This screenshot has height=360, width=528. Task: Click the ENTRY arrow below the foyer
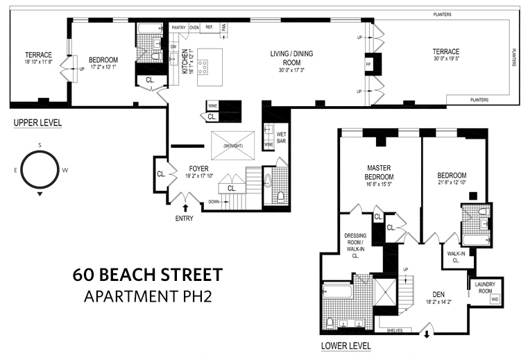[x=185, y=208]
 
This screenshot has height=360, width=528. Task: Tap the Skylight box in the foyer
[x=233, y=146]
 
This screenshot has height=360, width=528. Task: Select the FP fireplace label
[x=368, y=64]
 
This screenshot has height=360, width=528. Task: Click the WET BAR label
[x=281, y=137]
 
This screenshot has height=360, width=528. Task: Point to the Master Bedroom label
[x=379, y=172]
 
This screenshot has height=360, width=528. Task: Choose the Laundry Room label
[x=485, y=287]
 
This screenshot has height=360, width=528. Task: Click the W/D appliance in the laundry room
[x=494, y=299]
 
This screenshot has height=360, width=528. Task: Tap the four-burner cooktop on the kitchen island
[x=203, y=67]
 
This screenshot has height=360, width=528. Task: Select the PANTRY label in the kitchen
[x=178, y=28]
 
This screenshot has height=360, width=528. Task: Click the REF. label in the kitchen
[x=210, y=27]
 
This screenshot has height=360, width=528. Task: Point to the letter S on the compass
[x=40, y=145]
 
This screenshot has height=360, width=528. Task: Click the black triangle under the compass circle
[x=40, y=194]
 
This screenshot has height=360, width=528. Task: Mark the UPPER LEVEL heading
[x=37, y=123]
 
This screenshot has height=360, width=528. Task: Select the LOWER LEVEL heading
[x=346, y=345]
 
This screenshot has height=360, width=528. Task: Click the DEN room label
[x=438, y=294]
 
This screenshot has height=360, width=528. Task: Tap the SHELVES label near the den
[x=395, y=330]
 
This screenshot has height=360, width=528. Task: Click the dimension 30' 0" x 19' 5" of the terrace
[x=446, y=58]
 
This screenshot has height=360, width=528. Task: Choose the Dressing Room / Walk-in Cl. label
[x=355, y=246]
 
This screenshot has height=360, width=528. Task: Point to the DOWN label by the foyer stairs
[x=214, y=202]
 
